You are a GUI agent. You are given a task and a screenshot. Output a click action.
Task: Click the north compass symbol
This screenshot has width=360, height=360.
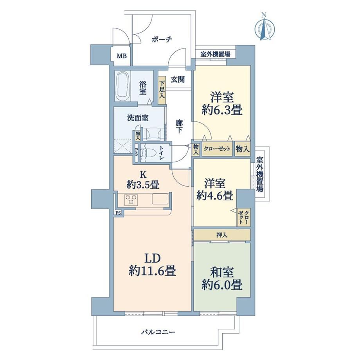point(265,27)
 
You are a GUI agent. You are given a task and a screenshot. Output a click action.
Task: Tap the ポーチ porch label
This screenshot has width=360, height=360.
point(162,40)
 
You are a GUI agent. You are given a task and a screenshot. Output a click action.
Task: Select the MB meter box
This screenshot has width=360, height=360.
point(121,56)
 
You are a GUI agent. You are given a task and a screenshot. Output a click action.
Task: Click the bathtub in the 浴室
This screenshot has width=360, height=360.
point(123,86)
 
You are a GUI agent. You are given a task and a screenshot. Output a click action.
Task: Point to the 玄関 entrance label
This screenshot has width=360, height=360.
point(178,79)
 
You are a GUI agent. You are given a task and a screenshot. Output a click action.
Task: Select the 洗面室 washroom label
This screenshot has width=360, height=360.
point(138,118)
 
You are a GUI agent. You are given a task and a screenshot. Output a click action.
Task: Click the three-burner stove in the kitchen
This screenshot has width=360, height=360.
point(131,199)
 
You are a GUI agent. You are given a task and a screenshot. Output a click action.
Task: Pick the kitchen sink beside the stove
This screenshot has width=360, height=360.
point(160,199)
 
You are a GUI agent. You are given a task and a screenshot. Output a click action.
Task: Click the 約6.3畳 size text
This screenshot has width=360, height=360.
point(222,111)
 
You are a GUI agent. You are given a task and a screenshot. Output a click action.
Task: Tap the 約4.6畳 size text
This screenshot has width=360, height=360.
point(215,196)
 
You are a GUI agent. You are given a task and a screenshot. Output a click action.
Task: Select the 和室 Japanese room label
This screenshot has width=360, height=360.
point(222,273)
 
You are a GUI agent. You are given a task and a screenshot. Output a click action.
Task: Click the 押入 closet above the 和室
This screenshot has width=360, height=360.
point(222,235)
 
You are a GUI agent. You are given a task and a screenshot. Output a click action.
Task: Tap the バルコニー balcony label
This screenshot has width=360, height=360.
point(158,332)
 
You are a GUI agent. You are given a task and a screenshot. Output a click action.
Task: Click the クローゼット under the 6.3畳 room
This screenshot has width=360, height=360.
point(217,149)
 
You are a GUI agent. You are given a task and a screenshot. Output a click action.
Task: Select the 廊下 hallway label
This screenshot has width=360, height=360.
point(179,127)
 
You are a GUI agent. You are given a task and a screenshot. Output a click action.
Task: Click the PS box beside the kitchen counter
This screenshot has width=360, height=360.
point(118,213)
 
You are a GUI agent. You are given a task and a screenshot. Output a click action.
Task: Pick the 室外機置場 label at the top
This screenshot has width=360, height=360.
point(215,54)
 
